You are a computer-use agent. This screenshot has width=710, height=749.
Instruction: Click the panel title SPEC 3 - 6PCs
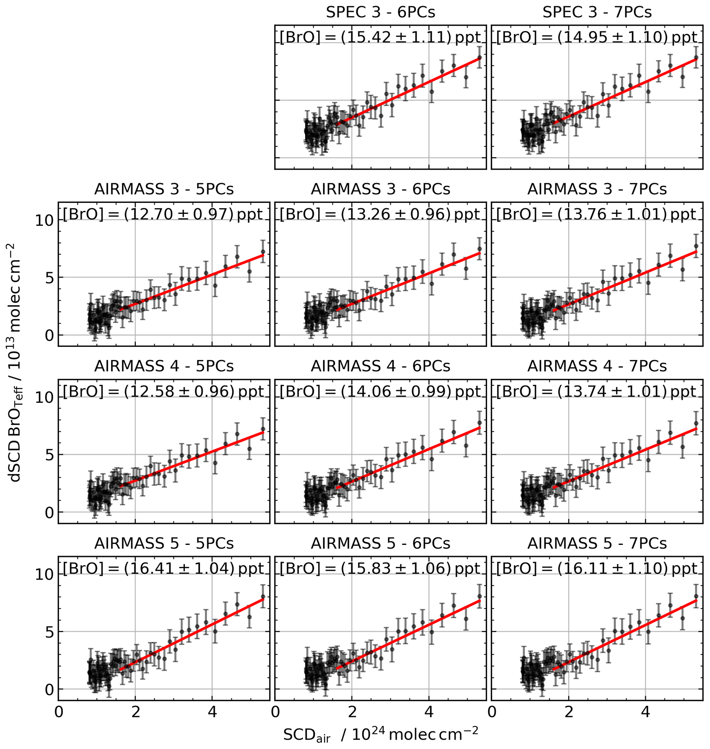[x=380, y=12]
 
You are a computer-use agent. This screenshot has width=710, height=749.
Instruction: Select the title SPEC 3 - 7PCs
[x=597, y=12]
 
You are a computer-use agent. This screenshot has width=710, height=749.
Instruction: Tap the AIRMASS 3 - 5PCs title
[x=164, y=189]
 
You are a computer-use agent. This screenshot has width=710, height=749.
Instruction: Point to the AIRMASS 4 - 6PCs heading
[x=380, y=366]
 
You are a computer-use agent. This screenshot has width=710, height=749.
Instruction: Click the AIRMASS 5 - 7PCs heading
[x=597, y=543]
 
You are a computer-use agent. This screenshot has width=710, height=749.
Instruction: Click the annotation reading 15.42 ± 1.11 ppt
[x=380, y=37]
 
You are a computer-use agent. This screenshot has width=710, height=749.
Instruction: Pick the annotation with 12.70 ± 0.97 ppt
[x=163, y=214]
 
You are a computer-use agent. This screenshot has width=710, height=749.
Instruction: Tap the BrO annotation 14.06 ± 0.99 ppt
[x=380, y=392]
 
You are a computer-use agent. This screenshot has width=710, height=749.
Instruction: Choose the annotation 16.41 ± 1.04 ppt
[x=163, y=569]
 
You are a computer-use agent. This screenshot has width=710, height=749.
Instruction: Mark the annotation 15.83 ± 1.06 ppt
[x=380, y=569]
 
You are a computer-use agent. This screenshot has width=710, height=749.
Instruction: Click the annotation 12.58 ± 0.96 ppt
[x=163, y=392]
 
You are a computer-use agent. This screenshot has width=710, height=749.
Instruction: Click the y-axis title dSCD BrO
[x=16, y=363]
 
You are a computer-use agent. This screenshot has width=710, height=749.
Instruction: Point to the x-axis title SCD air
[x=380, y=734]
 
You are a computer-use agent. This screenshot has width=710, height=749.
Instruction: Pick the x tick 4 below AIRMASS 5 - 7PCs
[x=646, y=712]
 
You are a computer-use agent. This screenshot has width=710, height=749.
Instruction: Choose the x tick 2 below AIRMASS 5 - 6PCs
[x=352, y=712]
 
